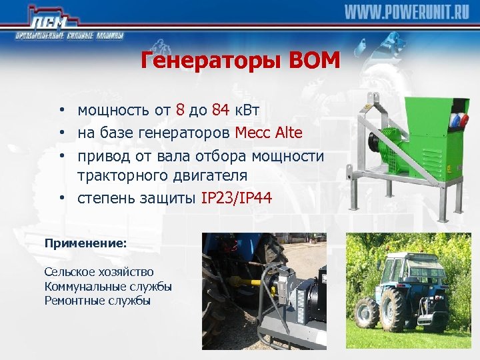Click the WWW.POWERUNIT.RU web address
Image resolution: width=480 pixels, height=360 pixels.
click(407, 12)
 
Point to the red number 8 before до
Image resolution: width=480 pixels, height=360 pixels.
click(180, 110)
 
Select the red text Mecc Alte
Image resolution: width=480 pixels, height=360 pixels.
click(269, 133)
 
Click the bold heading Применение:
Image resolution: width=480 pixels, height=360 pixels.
click(85, 244)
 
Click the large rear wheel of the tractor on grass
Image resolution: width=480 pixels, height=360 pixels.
click(393, 310)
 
